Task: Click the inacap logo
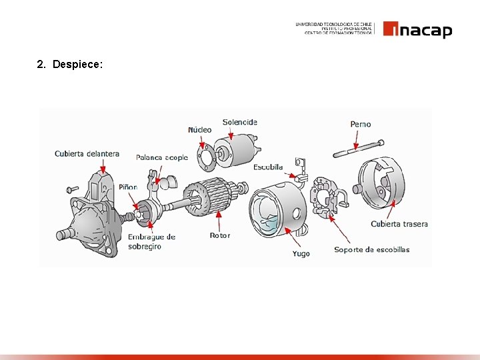tap(418, 30)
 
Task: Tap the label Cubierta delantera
tap(87, 153)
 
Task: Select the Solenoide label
tap(239, 122)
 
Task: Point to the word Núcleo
tap(199, 130)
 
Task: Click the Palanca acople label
tap(162, 157)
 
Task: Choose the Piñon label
tap(128, 187)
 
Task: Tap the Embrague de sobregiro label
tap(151, 241)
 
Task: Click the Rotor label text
tap(220, 235)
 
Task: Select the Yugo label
tap(301, 253)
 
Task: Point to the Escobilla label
tap(268, 167)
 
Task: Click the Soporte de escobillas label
tap(372, 250)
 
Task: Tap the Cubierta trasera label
tap(399, 224)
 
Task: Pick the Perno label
tap(361, 124)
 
